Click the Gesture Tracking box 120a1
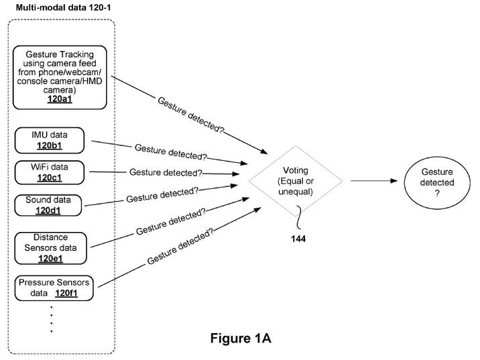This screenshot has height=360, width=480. [60, 78]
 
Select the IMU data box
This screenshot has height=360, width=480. [50, 139]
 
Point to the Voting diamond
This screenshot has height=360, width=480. [295, 180]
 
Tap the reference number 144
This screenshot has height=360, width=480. [298, 238]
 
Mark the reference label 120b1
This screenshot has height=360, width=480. [50, 144]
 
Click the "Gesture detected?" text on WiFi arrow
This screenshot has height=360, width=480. [166, 172]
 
